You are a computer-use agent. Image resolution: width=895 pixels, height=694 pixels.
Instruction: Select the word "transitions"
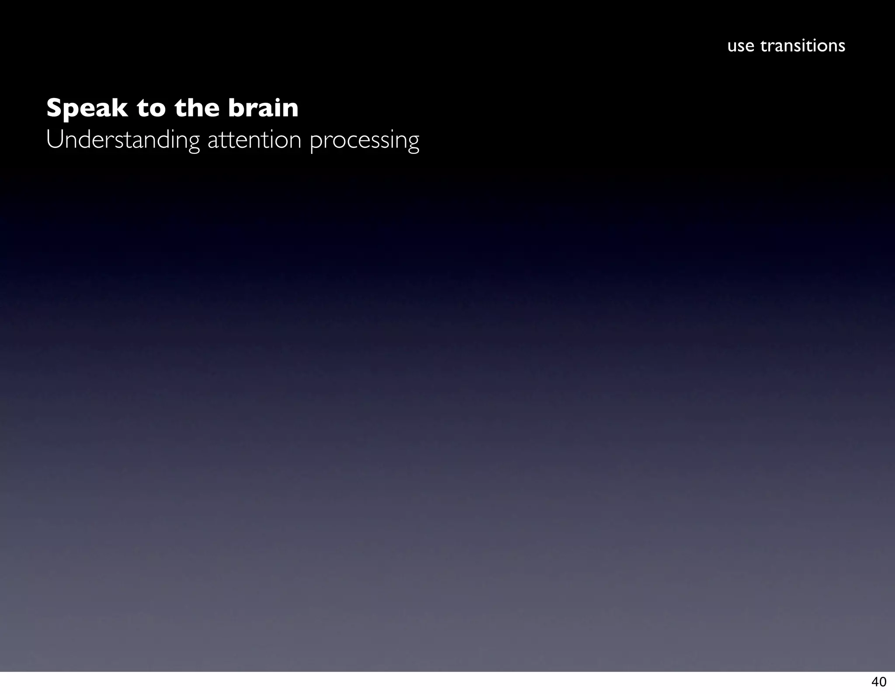point(803,45)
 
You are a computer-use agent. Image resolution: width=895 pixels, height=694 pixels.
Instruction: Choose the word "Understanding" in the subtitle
point(123,140)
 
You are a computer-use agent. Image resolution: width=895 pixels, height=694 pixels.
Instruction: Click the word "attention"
point(254,140)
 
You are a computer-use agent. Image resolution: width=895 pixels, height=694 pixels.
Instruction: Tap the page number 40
point(878,682)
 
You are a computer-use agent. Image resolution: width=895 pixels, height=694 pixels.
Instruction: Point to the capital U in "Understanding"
point(53,140)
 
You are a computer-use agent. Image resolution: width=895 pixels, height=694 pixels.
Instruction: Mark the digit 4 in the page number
point(875,682)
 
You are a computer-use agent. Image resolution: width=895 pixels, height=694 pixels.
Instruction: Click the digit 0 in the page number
point(882,682)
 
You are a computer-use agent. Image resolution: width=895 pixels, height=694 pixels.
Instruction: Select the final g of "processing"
point(413,143)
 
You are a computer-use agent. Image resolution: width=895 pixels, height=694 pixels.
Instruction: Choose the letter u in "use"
point(732,46)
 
